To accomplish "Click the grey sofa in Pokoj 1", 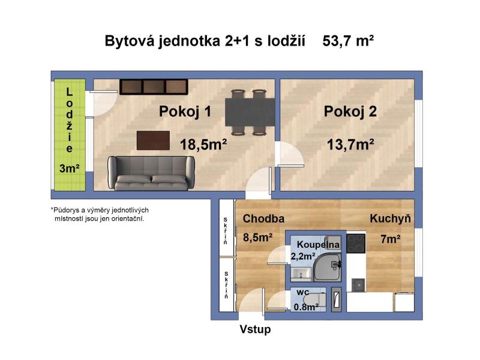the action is point(151,173).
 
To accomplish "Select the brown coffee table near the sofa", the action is point(153,140).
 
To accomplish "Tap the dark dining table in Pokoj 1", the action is point(250,112).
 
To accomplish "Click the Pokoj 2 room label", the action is point(350,112).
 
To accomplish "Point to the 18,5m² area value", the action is point(203,144).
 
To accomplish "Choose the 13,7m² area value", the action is point(350,144).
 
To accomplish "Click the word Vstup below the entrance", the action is point(256,329).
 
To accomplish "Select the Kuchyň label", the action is point(391,218).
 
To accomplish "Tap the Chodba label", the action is point(263,218).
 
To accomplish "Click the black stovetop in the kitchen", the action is point(356,244).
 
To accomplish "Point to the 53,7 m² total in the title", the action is point(348,41).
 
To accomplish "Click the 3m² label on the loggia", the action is point(70,169).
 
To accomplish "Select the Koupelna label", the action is point(319,245).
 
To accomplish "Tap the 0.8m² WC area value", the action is point(306,307).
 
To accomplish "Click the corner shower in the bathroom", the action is point(328,267).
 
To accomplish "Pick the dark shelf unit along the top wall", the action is point(154,86).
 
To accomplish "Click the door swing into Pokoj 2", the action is point(289,154).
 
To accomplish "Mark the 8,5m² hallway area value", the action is point(258,237).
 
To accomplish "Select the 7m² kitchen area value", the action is point(391,239).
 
